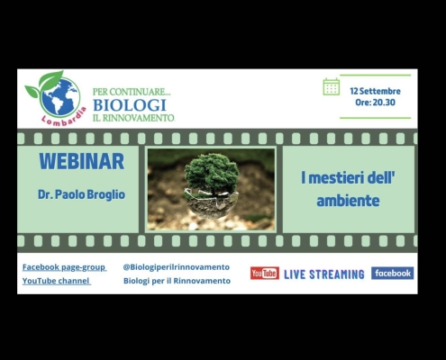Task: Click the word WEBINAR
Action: (82, 161)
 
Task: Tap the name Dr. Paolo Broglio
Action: (81, 194)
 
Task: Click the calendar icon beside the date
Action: (332, 86)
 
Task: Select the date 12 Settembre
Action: (375, 91)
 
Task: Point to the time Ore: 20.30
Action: (375, 103)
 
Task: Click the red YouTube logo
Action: (265, 273)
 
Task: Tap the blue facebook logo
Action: (392, 273)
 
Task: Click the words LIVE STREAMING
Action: (324, 274)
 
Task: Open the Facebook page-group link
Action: (64, 267)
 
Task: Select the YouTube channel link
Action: (56, 281)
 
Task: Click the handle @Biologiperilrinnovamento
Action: (177, 267)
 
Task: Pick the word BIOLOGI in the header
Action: (130, 105)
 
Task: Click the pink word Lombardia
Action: (64, 118)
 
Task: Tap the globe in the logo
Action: (60, 96)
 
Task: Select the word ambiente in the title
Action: (348, 201)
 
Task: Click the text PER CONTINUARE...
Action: (132, 92)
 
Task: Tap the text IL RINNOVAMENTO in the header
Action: (133, 118)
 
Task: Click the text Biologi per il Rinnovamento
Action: (177, 281)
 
